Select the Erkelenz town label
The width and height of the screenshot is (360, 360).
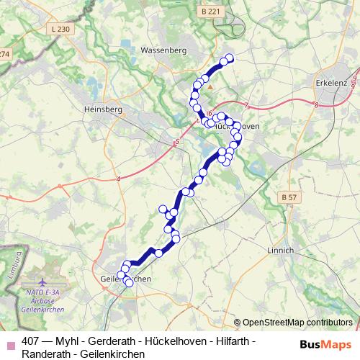click(333, 84)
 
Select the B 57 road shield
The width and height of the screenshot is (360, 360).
click(289, 197)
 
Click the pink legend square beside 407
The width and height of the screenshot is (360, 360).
click(10, 341)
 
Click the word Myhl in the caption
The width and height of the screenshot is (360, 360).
click(72, 341)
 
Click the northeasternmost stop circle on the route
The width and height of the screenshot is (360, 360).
click(230, 58)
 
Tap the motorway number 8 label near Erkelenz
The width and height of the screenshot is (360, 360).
click(316, 105)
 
